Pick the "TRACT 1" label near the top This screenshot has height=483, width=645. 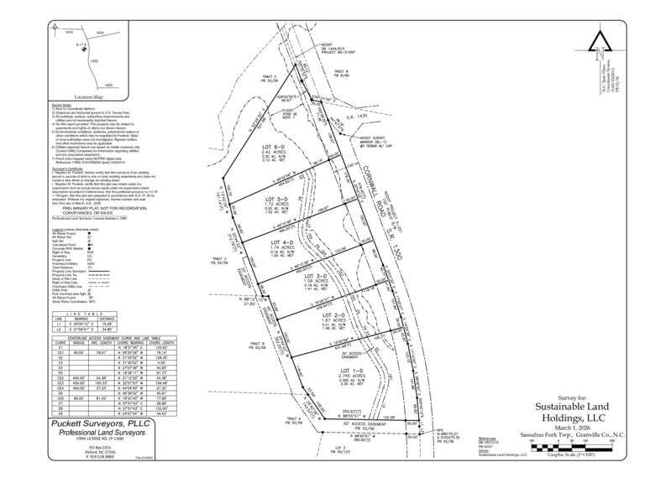(x=269, y=77)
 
